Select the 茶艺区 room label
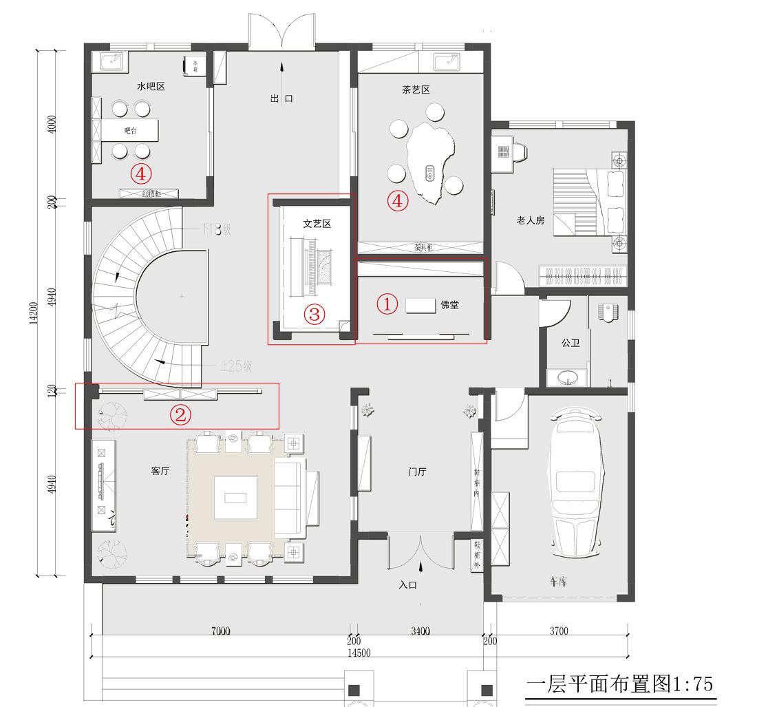pos(416,89)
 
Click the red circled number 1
pos(388,304)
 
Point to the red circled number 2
pos(180,414)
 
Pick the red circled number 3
pos(314,314)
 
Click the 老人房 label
pos(530,220)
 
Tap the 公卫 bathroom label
pos(571,342)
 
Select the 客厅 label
pos(160,471)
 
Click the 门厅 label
pos(418,472)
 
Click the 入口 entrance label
pos(408,585)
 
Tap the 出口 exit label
pos(281,98)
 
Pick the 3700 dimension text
pos(558,631)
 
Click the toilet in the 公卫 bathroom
pos(610,310)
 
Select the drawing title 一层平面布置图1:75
pos(619,684)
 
